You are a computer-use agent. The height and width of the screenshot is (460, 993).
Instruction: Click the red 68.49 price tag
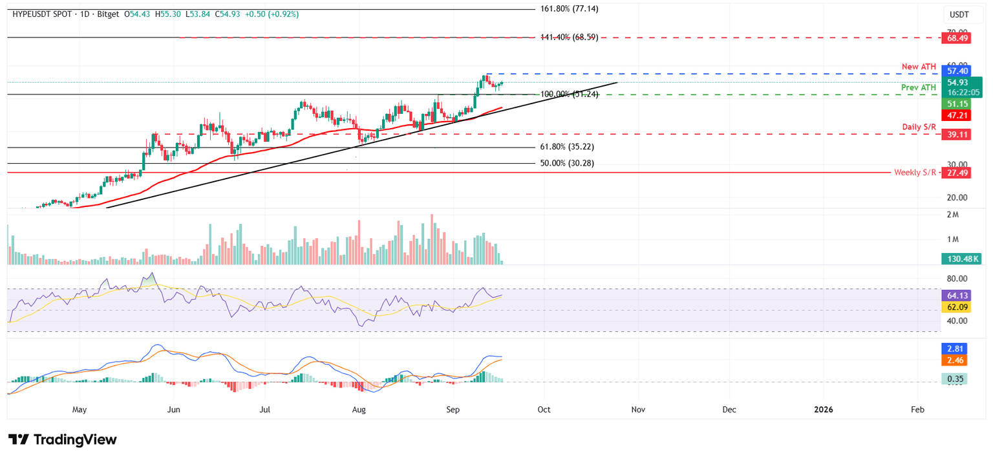[x=957, y=38]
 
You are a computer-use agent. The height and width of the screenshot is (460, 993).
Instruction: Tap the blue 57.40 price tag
[x=957, y=71]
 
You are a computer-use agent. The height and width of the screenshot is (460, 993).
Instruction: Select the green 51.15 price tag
[x=957, y=104]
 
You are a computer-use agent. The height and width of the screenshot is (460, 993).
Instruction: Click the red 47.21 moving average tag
[x=957, y=115]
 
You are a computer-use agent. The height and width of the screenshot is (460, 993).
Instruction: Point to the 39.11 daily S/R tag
[x=957, y=135]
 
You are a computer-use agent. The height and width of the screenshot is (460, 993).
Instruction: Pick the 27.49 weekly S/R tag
[x=957, y=173]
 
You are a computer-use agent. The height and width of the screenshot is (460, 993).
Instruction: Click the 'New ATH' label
[x=919, y=67]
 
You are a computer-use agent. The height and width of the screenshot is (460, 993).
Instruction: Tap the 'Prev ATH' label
[x=919, y=87]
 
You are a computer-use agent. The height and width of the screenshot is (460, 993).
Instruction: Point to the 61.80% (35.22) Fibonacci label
[x=567, y=148]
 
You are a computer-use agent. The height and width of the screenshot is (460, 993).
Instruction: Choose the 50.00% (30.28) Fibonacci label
[x=567, y=164]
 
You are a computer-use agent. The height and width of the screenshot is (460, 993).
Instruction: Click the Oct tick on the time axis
[x=544, y=410]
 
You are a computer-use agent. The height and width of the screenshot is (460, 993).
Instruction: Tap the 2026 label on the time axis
[x=823, y=410]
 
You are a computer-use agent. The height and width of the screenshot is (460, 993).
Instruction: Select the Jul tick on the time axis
[x=265, y=410]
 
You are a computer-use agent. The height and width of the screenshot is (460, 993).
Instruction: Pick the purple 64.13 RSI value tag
[x=957, y=295]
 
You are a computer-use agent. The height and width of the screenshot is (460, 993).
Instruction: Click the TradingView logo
[x=63, y=440]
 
